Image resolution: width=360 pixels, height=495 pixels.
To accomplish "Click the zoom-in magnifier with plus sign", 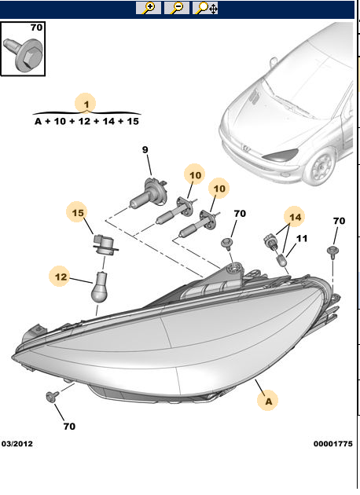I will [x=148, y=8].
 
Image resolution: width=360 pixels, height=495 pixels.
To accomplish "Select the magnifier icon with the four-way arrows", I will [x=207, y=8].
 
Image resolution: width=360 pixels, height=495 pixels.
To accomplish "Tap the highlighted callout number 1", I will [x=86, y=102].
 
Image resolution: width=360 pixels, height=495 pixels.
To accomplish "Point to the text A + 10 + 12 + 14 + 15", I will [x=86, y=122].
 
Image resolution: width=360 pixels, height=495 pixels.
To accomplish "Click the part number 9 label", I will [x=145, y=150].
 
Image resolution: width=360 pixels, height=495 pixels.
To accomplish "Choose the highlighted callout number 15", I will [x=77, y=212].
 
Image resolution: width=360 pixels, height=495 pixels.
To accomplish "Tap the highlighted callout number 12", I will [x=60, y=276].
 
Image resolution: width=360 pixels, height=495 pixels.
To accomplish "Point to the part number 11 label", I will [x=302, y=238].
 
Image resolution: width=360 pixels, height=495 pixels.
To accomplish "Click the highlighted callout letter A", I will [x=269, y=401].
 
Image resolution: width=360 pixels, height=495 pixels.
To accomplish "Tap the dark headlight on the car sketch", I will [x=281, y=155].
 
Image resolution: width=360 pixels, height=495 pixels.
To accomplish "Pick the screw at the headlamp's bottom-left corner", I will [x=53, y=395].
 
